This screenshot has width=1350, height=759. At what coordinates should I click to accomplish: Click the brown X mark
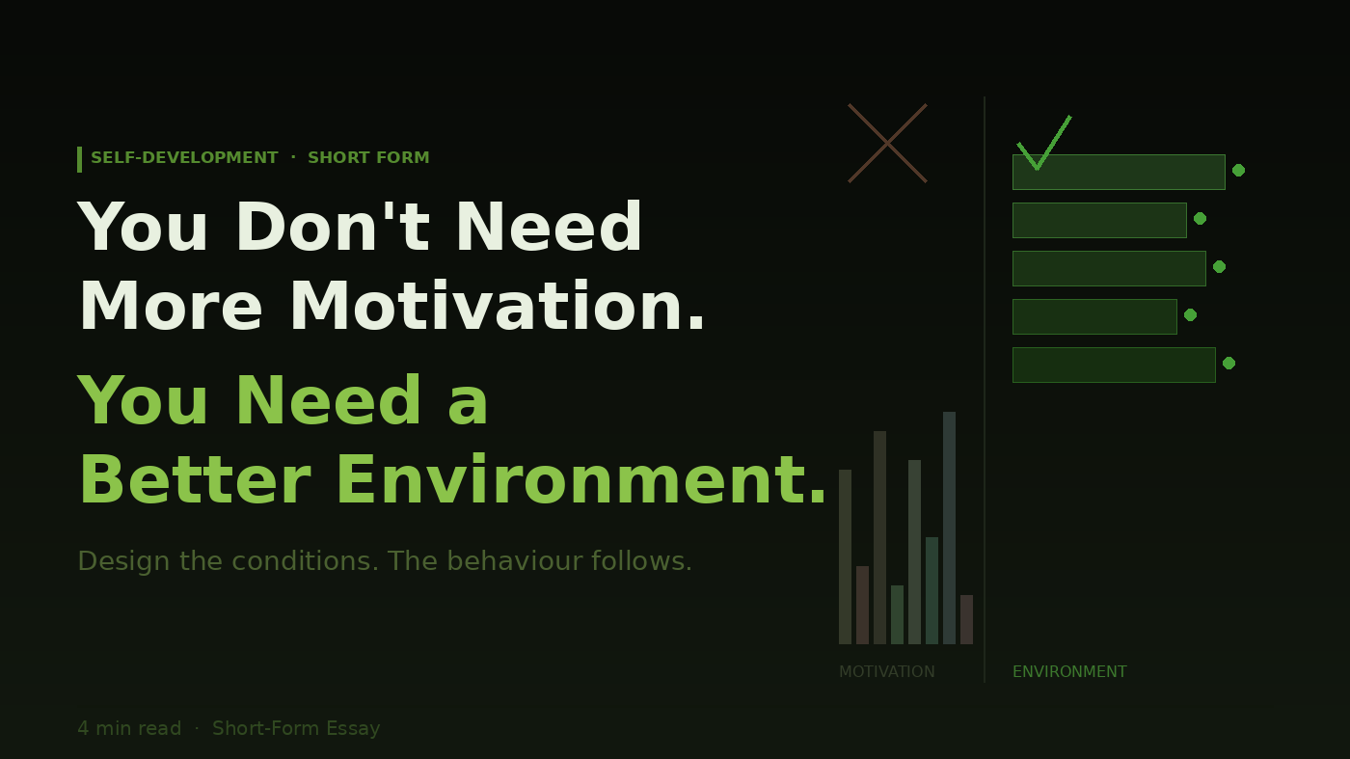click(887, 143)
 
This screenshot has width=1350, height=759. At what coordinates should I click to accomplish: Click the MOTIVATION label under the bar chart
click(886, 671)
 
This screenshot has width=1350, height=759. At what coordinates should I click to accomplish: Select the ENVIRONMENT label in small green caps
click(1069, 671)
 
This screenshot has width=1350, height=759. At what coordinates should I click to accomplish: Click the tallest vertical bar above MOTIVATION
click(949, 529)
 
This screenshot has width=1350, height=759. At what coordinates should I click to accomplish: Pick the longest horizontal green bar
click(1119, 172)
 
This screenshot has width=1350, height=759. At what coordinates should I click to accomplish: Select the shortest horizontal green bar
click(1094, 316)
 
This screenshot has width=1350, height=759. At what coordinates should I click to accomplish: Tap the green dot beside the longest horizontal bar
click(1238, 170)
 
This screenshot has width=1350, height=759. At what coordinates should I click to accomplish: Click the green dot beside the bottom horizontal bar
click(1228, 363)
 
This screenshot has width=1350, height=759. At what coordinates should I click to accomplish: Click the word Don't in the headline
click(333, 227)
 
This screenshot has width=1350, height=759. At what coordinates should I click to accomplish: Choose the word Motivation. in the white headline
click(498, 307)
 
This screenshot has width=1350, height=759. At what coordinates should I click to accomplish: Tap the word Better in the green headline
click(195, 480)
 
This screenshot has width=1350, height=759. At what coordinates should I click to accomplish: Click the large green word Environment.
click(580, 480)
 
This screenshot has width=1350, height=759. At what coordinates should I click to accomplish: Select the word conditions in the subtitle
click(306, 560)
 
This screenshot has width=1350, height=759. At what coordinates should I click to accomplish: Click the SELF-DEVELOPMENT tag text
click(184, 157)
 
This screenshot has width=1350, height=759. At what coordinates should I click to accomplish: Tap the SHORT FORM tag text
click(368, 157)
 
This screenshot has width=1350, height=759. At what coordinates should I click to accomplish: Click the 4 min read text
click(129, 728)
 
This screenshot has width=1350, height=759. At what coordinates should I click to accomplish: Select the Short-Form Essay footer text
click(296, 728)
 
